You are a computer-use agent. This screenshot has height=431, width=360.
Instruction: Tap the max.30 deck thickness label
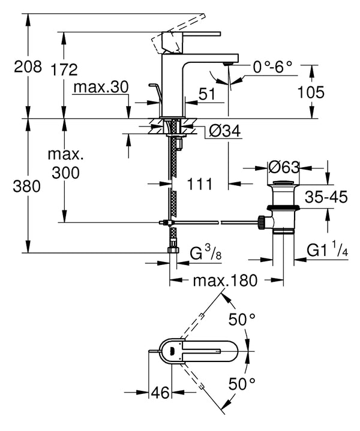101,88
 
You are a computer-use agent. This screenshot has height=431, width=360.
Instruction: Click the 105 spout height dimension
310,92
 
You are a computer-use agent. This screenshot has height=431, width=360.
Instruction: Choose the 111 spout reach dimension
199,185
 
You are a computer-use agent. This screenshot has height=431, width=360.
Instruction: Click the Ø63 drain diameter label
282,165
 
